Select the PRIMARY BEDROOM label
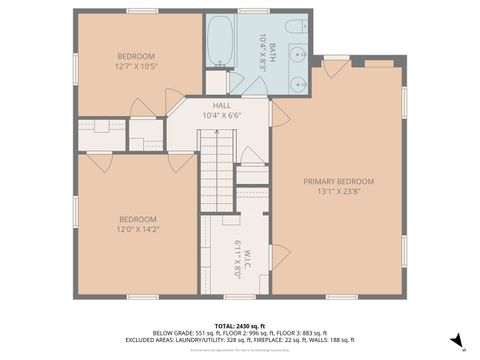tap(339, 181)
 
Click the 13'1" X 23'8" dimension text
tap(339, 191)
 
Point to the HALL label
tap(222, 105)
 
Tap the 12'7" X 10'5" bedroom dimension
tap(138, 67)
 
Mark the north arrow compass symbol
tap(456, 340)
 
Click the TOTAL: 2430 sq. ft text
tap(239, 326)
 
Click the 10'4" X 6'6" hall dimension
tap(222, 115)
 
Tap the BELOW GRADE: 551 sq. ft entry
tap(186, 334)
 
